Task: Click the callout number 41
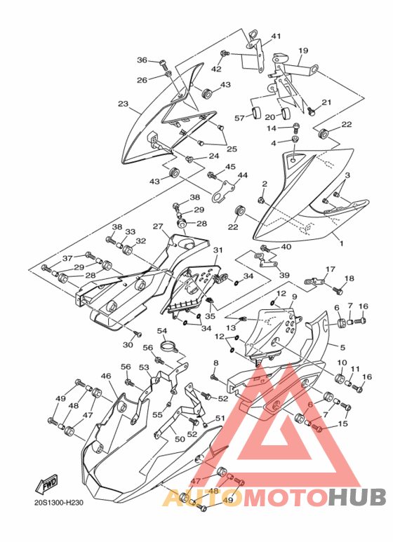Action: pyautogui.click(x=276, y=36)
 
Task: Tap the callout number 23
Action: pyautogui.click(x=123, y=103)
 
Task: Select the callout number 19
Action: pyautogui.click(x=303, y=50)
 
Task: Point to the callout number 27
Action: pyautogui.click(x=158, y=226)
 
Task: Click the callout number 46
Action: pyautogui.click(x=106, y=376)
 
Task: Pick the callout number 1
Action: pyautogui.click(x=342, y=244)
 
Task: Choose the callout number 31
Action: pyautogui.click(x=218, y=250)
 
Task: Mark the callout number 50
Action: pyautogui.click(x=180, y=439)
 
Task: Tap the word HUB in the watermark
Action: pyautogui.click(x=357, y=497)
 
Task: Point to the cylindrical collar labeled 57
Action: pyautogui.click(x=256, y=112)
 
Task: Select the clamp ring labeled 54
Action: pyautogui.click(x=170, y=346)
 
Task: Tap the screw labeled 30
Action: pyautogui.click(x=138, y=334)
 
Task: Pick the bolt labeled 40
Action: pyautogui.click(x=265, y=248)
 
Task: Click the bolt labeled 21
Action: pyautogui.click(x=311, y=111)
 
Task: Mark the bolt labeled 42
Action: pyautogui.click(x=224, y=53)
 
